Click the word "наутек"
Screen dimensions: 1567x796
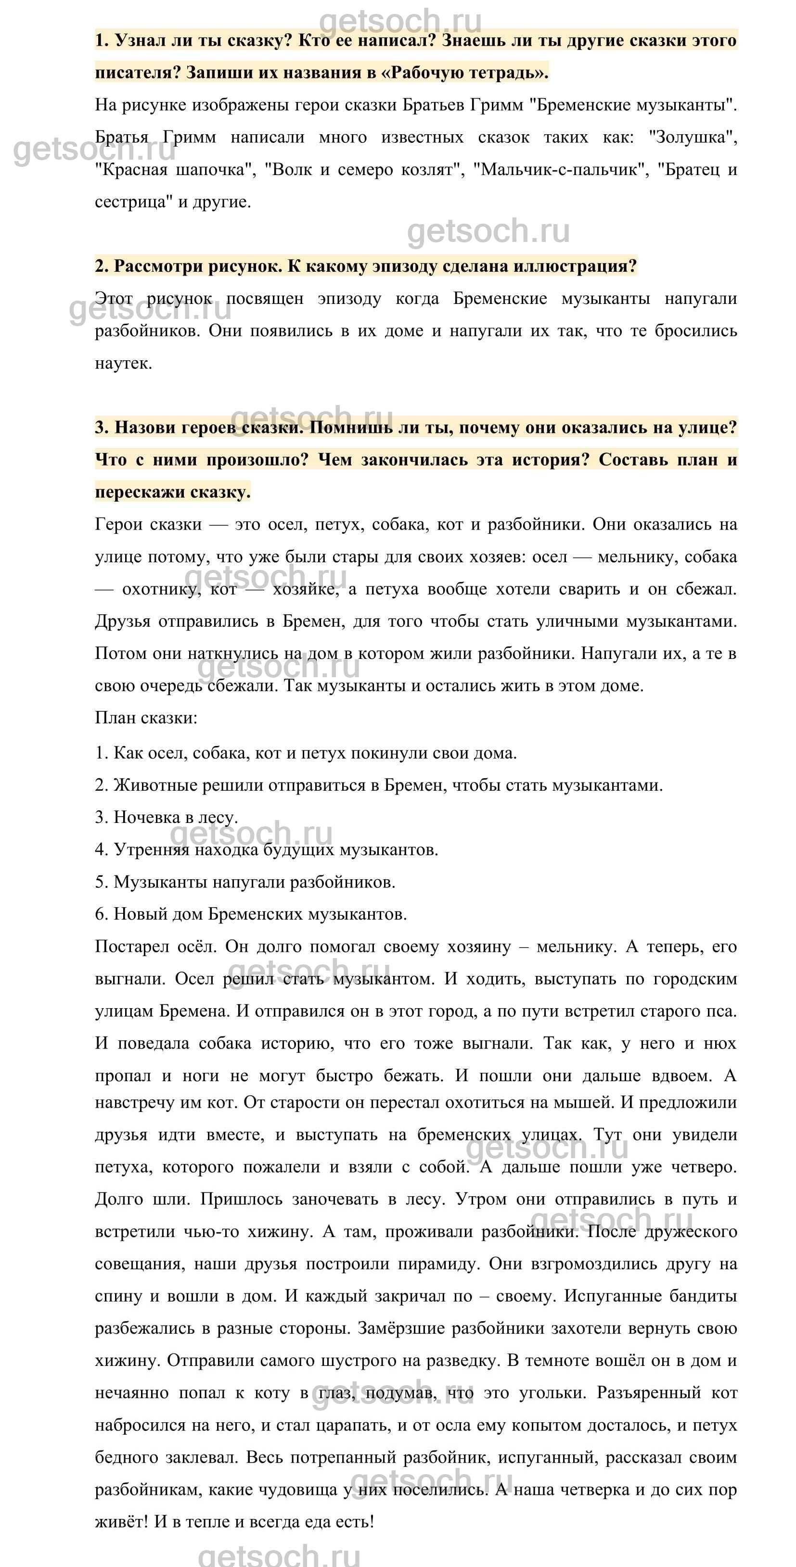tap(122, 364)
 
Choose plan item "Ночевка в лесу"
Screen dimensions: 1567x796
tap(166, 818)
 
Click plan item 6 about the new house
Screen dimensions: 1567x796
tap(251, 914)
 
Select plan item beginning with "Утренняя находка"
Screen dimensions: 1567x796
tap(267, 850)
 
